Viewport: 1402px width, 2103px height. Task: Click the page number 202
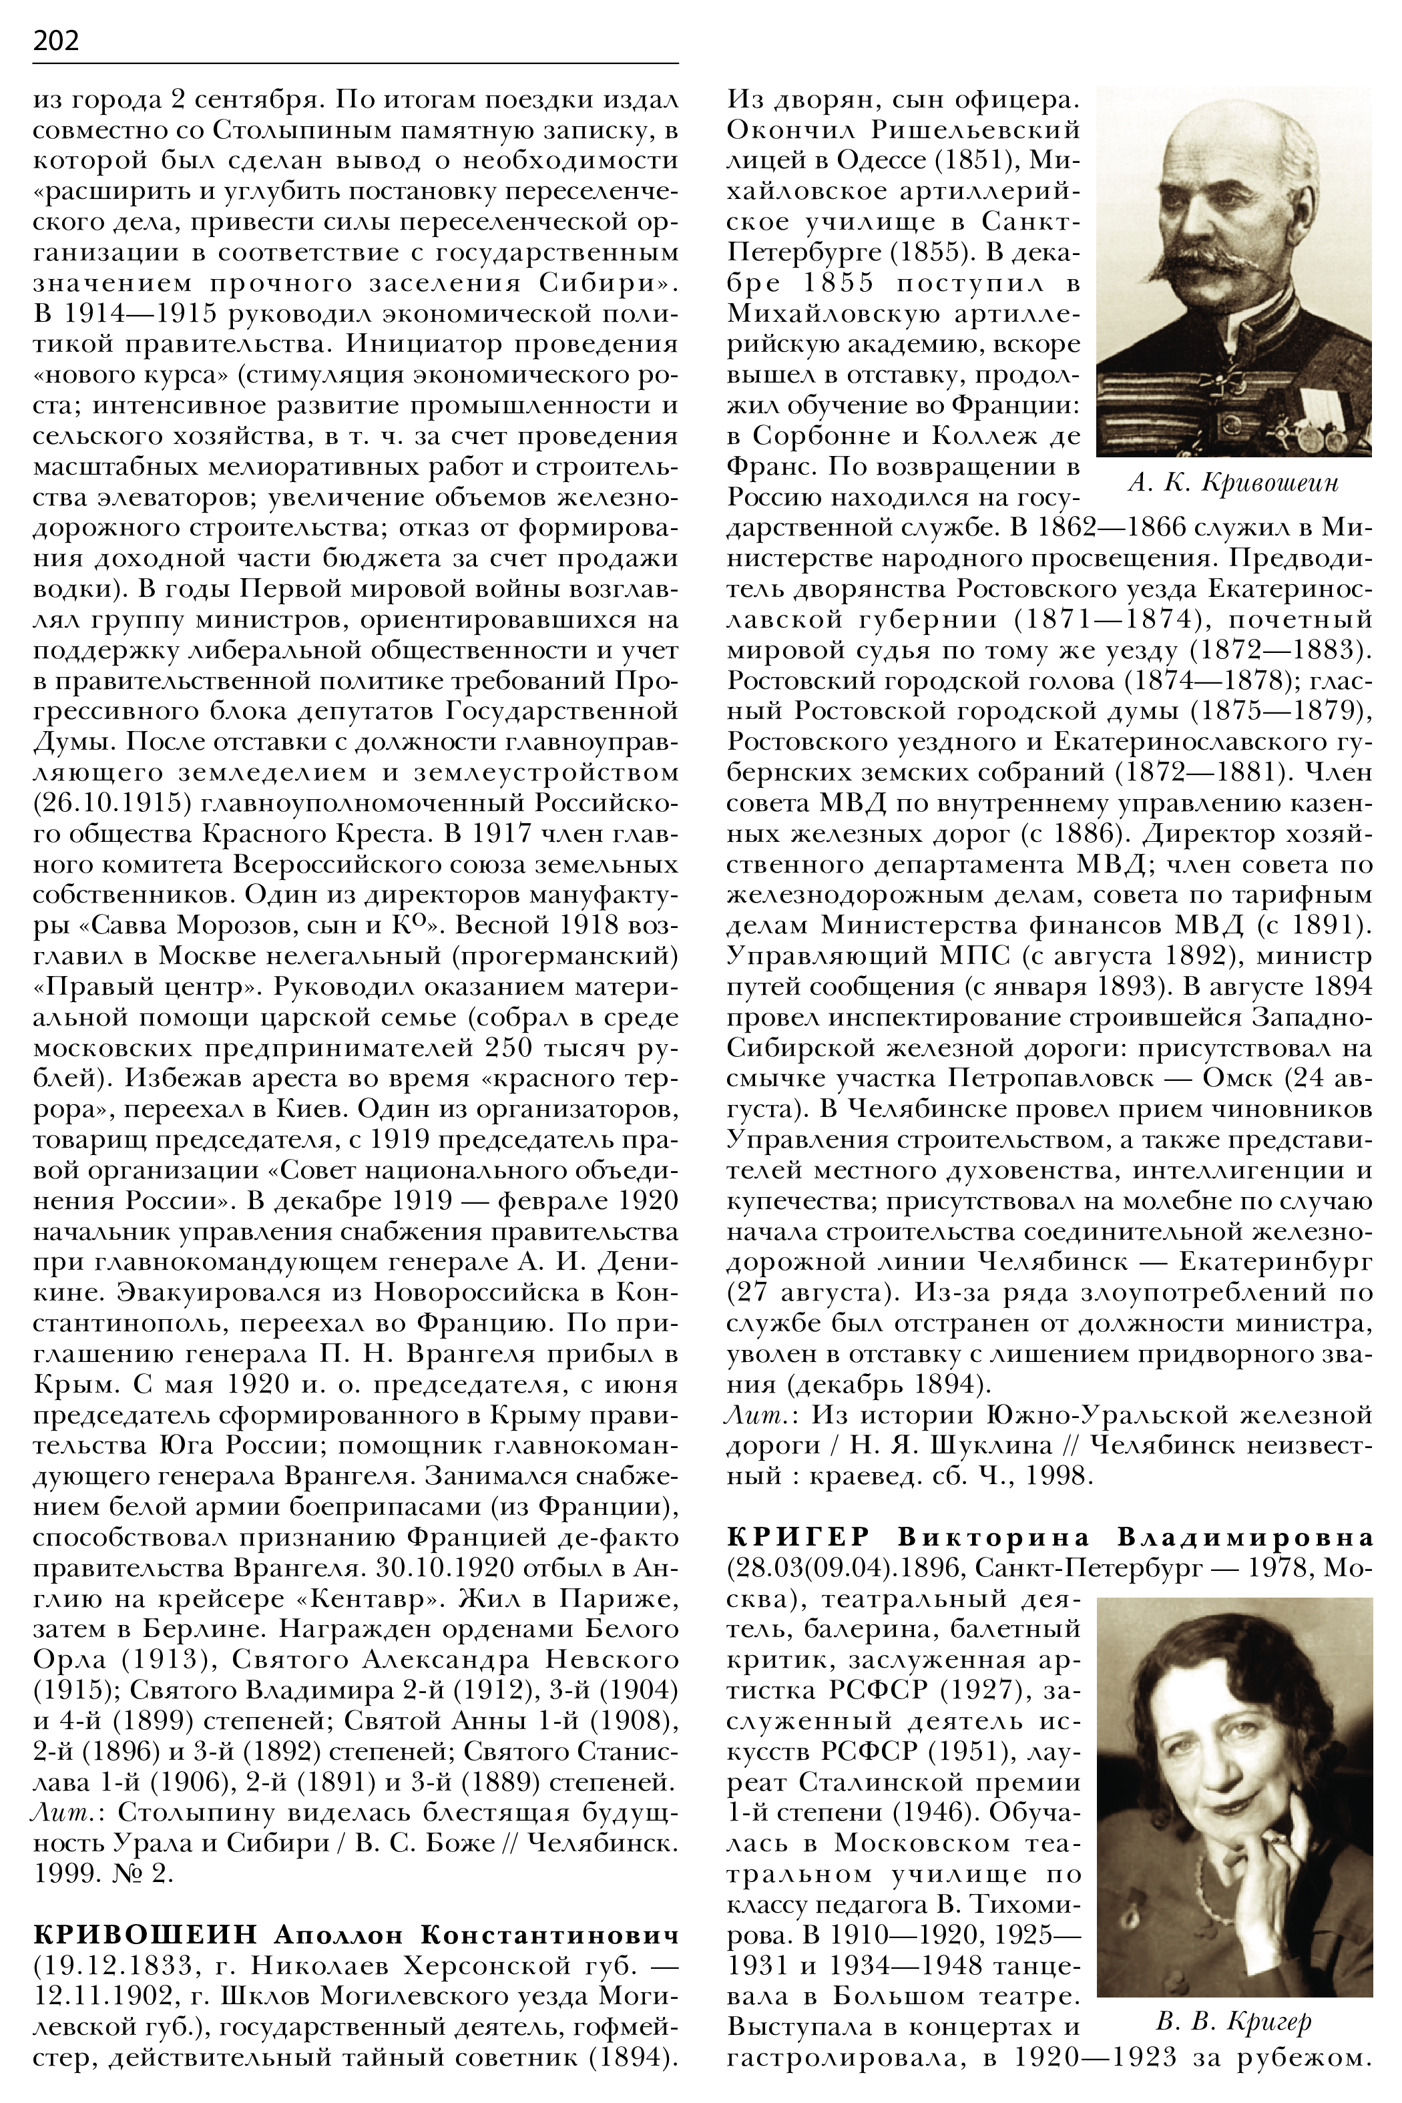coord(55,40)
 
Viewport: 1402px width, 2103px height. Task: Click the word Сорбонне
coord(827,437)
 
